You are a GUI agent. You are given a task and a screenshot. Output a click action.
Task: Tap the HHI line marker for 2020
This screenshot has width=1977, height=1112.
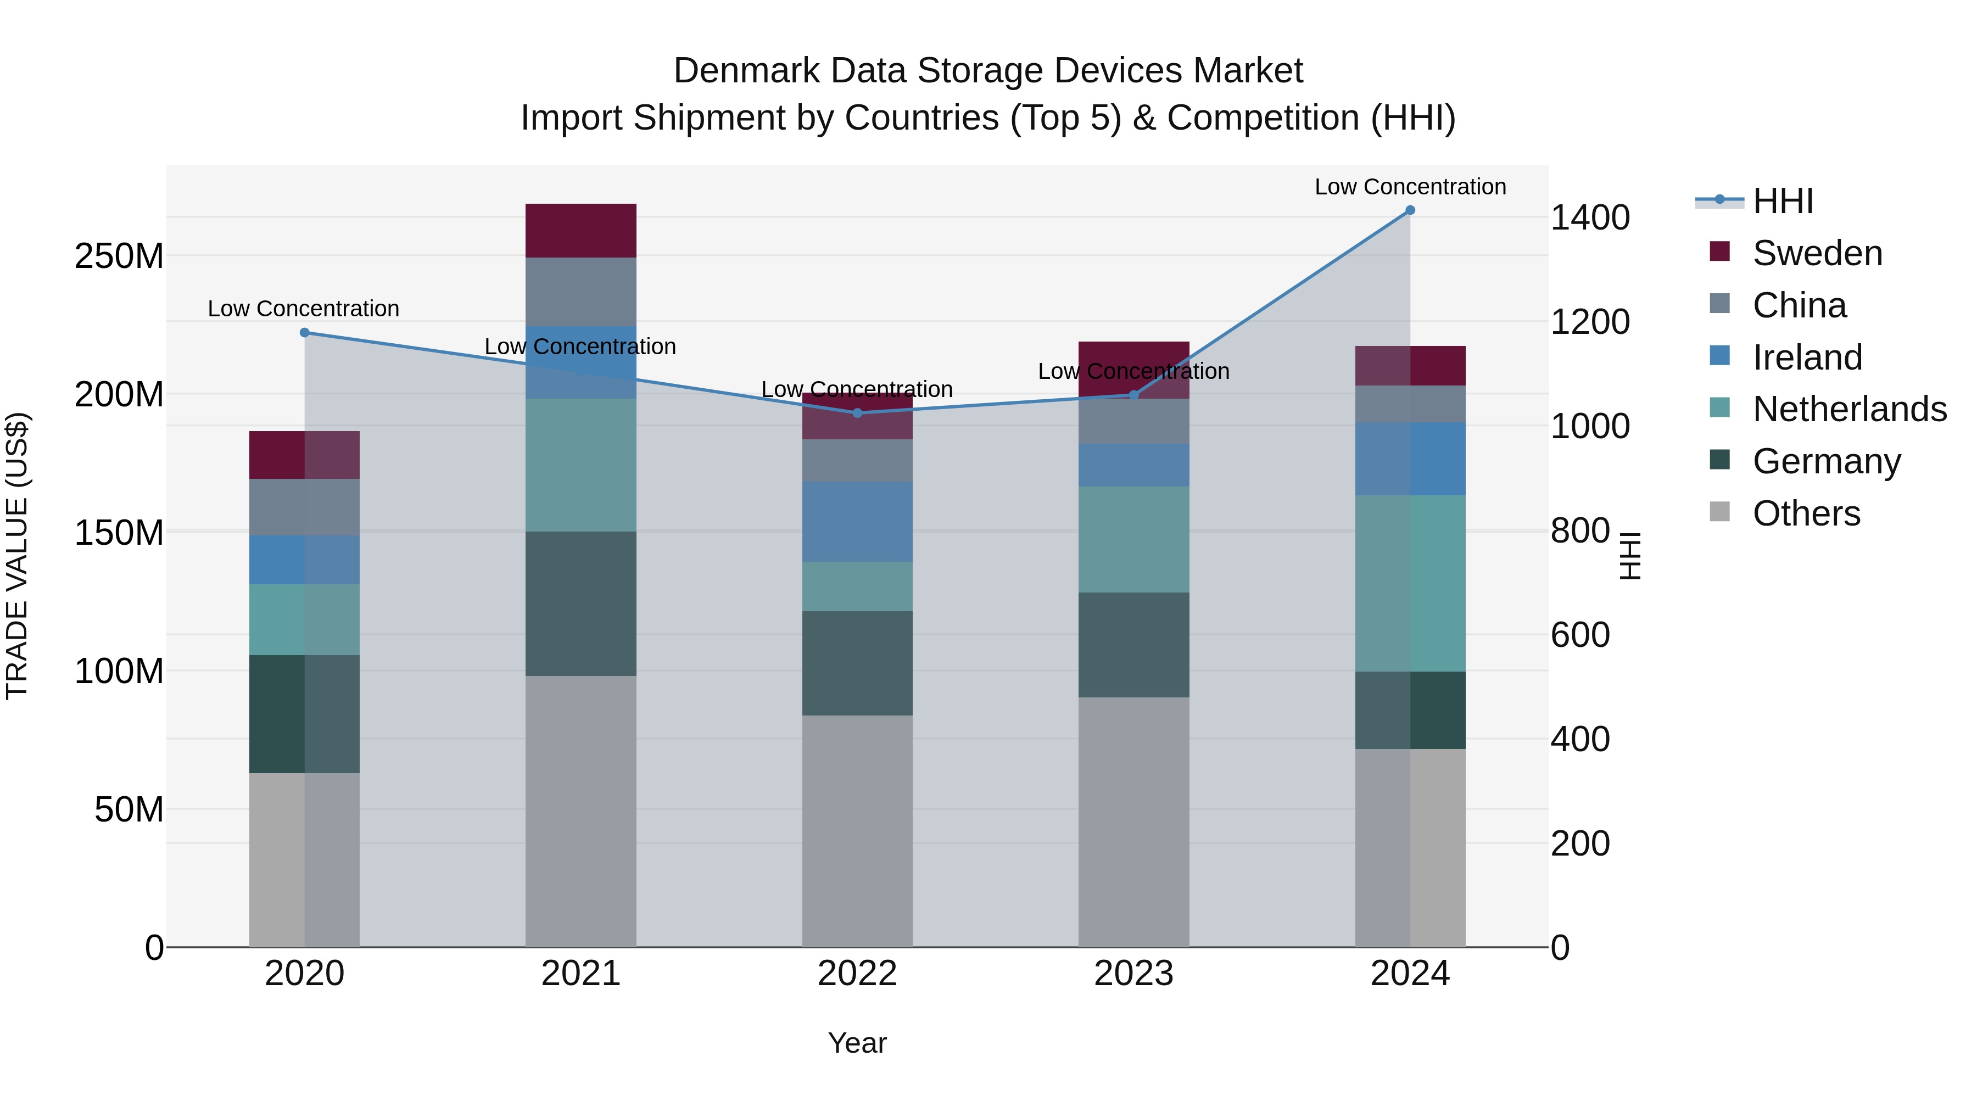pyautogui.click(x=305, y=332)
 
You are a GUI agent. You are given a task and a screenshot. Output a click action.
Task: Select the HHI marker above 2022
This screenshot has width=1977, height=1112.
pyautogui.click(x=857, y=413)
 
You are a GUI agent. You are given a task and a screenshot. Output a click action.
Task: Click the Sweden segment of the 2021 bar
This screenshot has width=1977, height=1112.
pyautogui.click(x=581, y=230)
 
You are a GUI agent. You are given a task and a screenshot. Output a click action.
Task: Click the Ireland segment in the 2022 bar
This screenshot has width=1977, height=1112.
pyautogui.click(x=857, y=522)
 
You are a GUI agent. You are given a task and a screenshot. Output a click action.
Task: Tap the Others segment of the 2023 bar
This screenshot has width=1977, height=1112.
pyautogui.click(x=1133, y=821)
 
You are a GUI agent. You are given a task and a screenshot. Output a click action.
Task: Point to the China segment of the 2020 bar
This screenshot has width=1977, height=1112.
pyautogui.click(x=305, y=507)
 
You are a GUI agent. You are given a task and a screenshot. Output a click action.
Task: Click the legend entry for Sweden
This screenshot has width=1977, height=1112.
pyautogui.click(x=1817, y=253)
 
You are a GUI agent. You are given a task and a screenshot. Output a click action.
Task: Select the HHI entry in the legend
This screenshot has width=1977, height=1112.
pyautogui.click(x=1783, y=201)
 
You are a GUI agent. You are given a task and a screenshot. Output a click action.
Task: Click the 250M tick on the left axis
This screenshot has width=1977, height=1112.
pyautogui.click(x=119, y=255)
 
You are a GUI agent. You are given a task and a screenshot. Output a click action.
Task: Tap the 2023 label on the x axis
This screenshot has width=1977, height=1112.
pyautogui.click(x=1133, y=974)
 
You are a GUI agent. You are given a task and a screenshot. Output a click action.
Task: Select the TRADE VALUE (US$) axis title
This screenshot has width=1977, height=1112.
pyautogui.click(x=17, y=556)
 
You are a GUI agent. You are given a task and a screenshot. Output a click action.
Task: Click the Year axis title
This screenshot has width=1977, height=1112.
pyautogui.click(x=857, y=1043)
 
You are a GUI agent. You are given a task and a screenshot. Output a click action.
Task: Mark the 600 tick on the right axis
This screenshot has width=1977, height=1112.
pyautogui.click(x=1579, y=635)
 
